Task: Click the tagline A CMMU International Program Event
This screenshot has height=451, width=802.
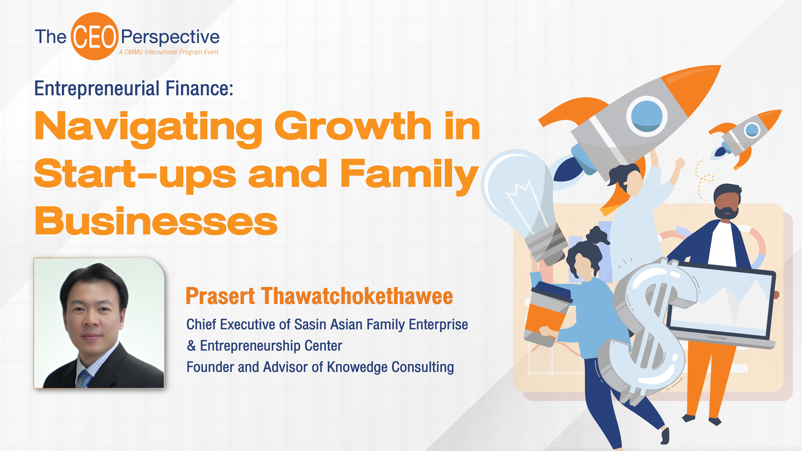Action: (168, 52)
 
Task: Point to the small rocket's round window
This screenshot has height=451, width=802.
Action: (752, 130)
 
